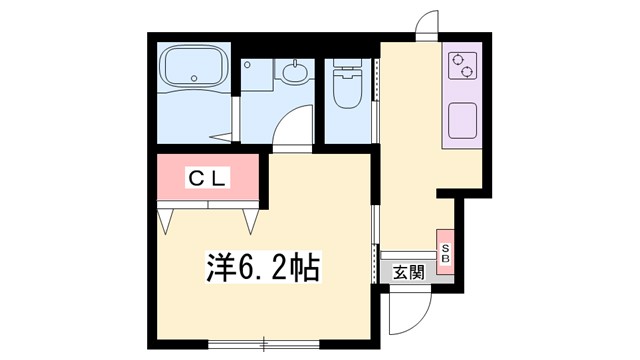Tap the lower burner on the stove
coord(462,72)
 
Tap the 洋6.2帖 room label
coord(263,268)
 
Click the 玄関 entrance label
coord(407,272)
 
